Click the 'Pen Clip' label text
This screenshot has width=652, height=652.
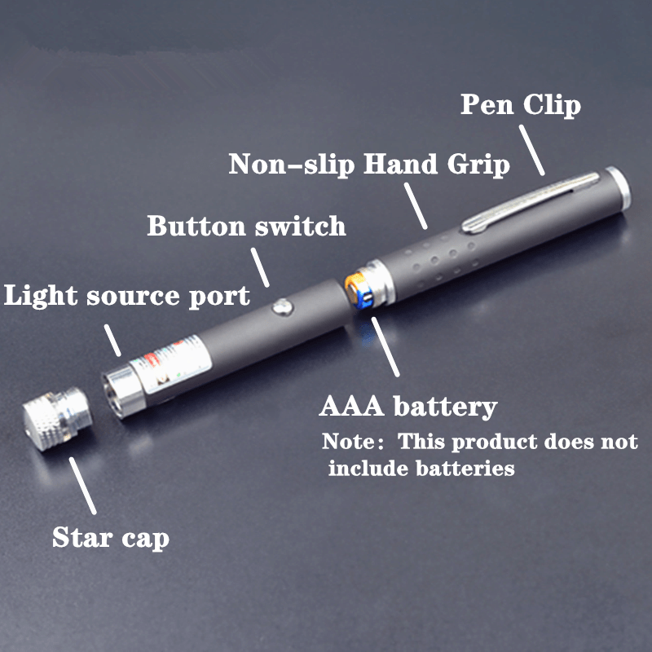[x=521, y=106]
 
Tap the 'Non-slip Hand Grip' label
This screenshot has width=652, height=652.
[x=369, y=165]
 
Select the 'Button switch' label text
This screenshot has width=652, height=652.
[x=246, y=227]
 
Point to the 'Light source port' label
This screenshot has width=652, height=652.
[x=127, y=297]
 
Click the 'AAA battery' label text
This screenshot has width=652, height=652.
[x=408, y=407]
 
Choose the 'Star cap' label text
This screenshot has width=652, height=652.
[x=111, y=538]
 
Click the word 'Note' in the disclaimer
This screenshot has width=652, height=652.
[x=348, y=442]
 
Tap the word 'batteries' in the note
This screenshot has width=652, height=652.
[x=465, y=469]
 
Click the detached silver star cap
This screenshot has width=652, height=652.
[x=56, y=418]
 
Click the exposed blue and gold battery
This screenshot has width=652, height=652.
[x=359, y=290]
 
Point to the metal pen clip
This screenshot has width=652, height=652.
[x=531, y=202]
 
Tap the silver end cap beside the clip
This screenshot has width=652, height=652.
[x=619, y=189]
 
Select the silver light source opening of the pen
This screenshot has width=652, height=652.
[x=123, y=392]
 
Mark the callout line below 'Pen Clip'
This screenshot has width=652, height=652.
[x=532, y=150]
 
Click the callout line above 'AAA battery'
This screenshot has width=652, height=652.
[x=385, y=347]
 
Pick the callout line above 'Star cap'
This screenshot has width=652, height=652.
[x=83, y=486]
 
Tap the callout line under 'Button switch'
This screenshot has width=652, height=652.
[x=260, y=267]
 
